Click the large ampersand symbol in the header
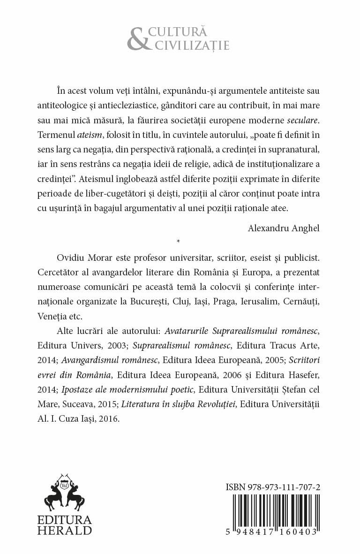coord(138,39)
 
